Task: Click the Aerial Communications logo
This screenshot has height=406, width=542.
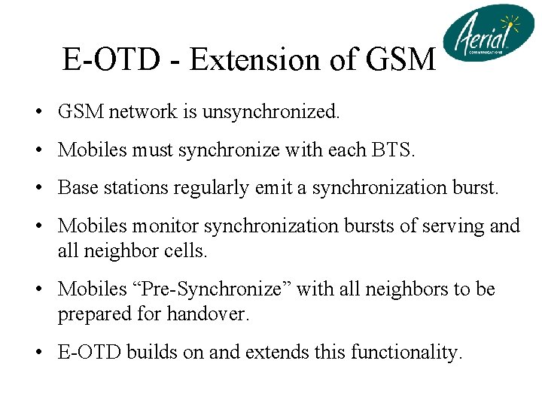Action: pyautogui.click(x=488, y=34)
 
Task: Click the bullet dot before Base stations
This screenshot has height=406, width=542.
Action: pyautogui.click(x=37, y=188)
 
